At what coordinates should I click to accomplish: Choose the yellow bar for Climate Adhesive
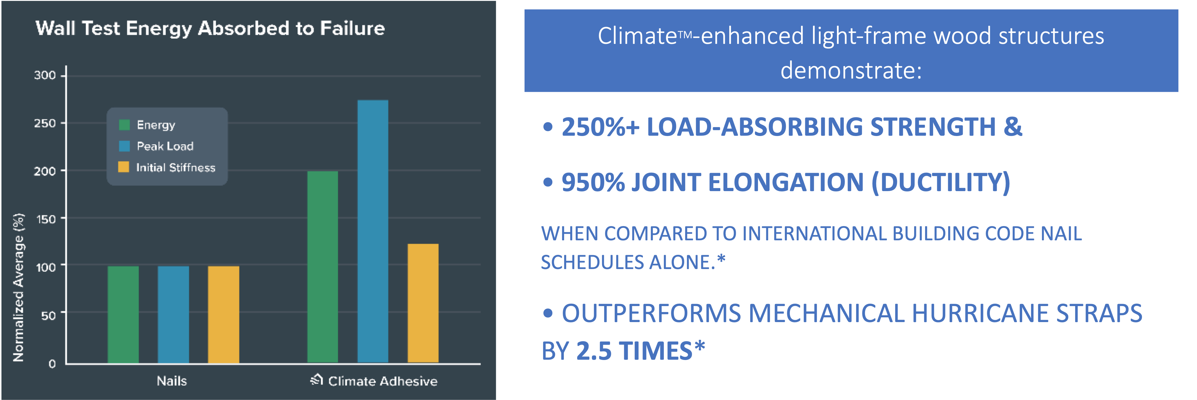(423, 303)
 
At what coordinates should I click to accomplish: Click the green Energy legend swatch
(124, 125)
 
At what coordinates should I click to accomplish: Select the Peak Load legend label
(165, 146)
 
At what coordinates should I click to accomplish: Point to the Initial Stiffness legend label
(176, 167)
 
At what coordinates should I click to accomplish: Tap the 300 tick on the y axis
(45, 75)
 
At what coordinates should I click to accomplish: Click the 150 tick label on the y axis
(46, 219)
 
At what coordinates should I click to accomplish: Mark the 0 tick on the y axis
(52, 364)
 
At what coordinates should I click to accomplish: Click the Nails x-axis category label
(172, 381)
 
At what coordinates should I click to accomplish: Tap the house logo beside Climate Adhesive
(317, 380)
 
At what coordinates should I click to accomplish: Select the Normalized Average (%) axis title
(18, 287)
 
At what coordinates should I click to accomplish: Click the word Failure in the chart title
(352, 29)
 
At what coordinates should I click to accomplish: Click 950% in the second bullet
(593, 182)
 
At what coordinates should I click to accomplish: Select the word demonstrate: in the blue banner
(851, 71)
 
